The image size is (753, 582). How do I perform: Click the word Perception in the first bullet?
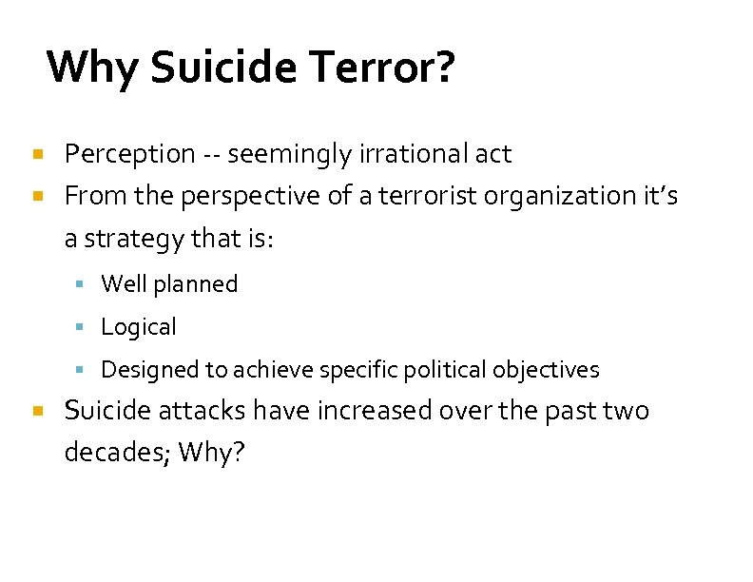(129, 154)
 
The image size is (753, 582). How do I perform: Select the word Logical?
(139, 327)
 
